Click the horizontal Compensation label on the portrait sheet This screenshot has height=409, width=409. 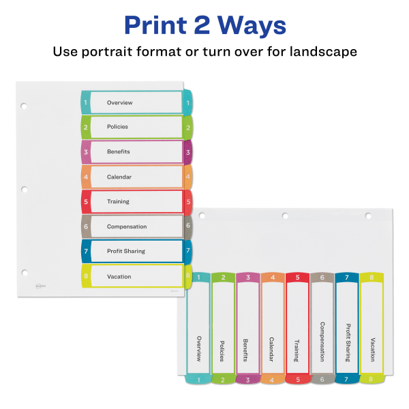tap(127, 226)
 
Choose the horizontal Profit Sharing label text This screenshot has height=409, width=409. tap(125, 251)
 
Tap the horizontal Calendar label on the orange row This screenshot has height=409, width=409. tap(119, 177)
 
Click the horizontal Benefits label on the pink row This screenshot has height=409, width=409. tap(118, 151)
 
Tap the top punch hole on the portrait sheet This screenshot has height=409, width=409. tap(24, 106)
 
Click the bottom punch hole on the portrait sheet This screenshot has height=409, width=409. tap(24, 272)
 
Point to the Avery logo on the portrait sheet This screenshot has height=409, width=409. tap(40, 287)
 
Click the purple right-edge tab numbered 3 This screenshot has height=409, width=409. tap(187, 151)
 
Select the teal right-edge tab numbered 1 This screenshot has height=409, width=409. tap(187, 102)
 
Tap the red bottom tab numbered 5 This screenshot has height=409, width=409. tap(297, 379)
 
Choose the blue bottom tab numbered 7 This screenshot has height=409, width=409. tap(347, 379)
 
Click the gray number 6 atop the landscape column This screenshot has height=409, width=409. tap(322, 277)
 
